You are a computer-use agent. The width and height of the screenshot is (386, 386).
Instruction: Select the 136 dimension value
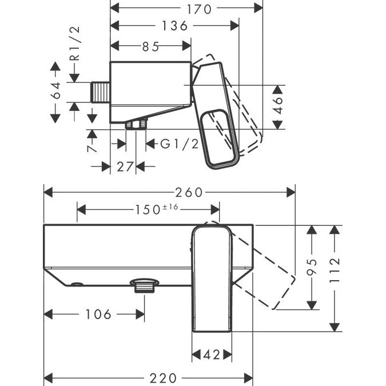point(174,26)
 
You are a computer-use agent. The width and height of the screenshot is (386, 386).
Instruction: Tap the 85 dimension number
point(151,47)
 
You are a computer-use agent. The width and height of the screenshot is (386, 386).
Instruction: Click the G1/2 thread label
point(180,144)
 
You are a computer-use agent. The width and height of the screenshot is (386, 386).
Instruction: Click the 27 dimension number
point(126,166)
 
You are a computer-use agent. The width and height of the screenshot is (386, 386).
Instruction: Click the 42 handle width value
point(212,355)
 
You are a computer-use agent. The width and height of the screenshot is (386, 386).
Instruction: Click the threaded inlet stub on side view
point(101,92)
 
